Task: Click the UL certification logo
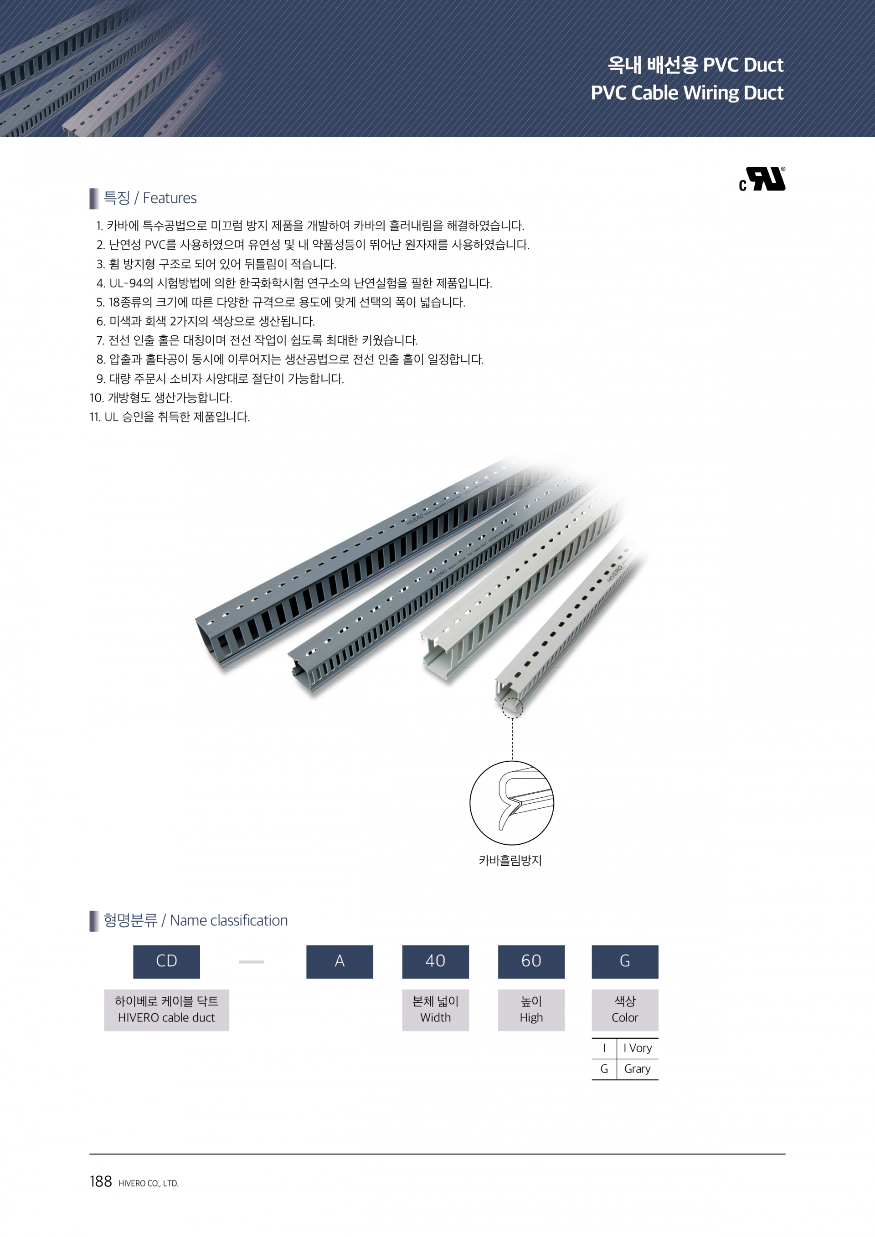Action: [762, 179]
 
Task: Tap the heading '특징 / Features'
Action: [150, 198]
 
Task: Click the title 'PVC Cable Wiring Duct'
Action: [687, 92]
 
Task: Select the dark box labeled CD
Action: [166, 962]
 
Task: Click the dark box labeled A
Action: [340, 962]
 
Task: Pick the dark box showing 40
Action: [435, 962]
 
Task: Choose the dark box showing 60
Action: [531, 962]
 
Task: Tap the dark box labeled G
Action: [625, 962]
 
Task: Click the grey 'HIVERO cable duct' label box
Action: [166, 1010]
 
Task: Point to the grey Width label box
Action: [435, 1010]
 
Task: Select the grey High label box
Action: [531, 1010]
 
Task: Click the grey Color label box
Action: [625, 1010]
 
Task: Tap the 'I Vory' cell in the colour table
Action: [638, 1048]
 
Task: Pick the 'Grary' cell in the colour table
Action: [638, 1069]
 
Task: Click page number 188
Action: [101, 1181]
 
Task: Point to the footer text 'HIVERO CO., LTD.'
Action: [148, 1184]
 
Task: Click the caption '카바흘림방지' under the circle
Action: [510, 860]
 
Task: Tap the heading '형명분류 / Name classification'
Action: [195, 920]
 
